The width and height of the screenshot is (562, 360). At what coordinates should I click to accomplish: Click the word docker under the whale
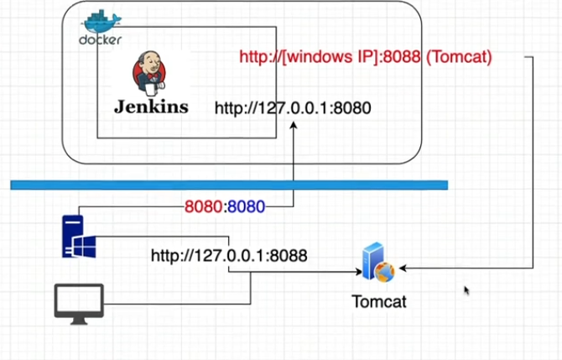pyautogui.click(x=101, y=39)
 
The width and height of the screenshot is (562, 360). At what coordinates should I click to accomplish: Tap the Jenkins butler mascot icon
pyautogui.click(x=148, y=75)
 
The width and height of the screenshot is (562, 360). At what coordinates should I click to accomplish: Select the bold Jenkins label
pyautogui.click(x=151, y=107)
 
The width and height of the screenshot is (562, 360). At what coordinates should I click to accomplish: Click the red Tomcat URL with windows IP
pyautogui.click(x=365, y=57)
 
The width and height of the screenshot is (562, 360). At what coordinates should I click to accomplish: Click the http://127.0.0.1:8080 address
pyautogui.click(x=292, y=107)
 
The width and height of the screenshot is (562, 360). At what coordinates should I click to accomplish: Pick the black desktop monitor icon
pyautogui.click(x=79, y=301)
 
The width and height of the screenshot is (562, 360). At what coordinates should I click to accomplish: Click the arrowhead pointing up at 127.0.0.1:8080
pyautogui.click(x=293, y=126)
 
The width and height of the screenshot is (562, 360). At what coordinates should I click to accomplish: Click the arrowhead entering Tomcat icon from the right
pyautogui.click(x=403, y=269)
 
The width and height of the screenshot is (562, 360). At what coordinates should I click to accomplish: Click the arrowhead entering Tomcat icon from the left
pyautogui.click(x=357, y=271)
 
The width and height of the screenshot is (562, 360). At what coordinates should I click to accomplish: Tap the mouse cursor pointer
pyautogui.click(x=467, y=291)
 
